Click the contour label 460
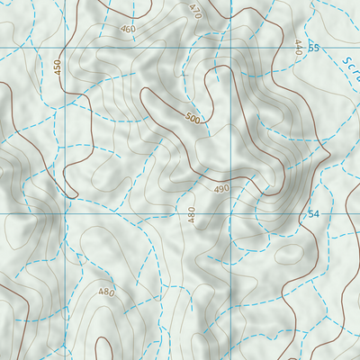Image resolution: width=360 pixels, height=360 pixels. pyautogui.click(x=128, y=29)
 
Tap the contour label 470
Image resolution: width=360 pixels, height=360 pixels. pyautogui.click(x=195, y=11)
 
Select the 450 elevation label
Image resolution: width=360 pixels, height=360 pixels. pyautogui.click(x=58, y=67)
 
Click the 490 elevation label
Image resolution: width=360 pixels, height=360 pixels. pyautogui.click(x=222, y=189)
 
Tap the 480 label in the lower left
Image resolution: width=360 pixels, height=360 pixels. pyautogui.click(x=106, y=292)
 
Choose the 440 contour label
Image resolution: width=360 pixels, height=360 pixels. pyautogui.click(x=297, y=47)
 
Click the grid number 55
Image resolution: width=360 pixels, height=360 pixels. pyautogui.click(x=313, y=48)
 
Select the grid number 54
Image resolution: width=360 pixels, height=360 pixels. pyautogui.click(x=313, y=214)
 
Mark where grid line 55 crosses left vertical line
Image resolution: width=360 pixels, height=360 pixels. pyautogui.click(x=67, y=48)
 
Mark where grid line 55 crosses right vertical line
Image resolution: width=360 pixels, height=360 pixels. pyautogui.click(x=231, y=48)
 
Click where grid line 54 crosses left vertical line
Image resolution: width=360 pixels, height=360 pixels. pyautogui.click(x=67, y=214)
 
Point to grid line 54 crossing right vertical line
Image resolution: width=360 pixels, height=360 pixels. pyautogui.click(x=231, y=214)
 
